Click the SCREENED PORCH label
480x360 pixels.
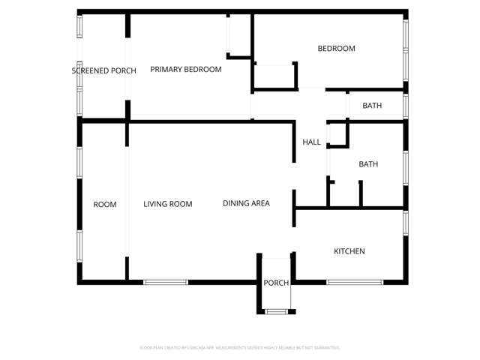tap(103, 70)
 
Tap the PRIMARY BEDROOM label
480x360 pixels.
tap(186, 70)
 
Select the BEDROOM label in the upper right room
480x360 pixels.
tap(336, 49)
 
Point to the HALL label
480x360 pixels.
tap(311, 142)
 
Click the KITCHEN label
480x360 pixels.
tap(349, 251)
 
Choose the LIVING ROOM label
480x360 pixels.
tap(168, 204)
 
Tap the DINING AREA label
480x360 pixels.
tap(246, 203)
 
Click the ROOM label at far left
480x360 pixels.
tap(105, 205)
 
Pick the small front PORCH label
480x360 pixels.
tap(276, 283)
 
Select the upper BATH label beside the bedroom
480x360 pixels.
tap(372, 106)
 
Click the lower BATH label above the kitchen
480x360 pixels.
tap(368, 164)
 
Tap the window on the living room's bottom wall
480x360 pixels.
tap(166, 282)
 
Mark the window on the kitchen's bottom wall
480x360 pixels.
tap(355, 282)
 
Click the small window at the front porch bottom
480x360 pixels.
tap(276, 310)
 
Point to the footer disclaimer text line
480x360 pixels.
tap(240, 348)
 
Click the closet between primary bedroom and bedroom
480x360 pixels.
tap(275, 75)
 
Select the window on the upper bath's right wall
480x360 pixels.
tap(405, 105)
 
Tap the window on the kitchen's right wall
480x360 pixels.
tap(405, 223)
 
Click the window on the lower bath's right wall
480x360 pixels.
tap(405, 166)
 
